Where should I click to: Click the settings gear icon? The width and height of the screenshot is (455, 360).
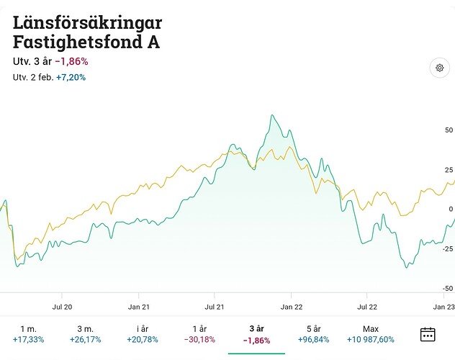[438, 68]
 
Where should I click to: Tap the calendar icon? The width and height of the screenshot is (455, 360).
[428, 334]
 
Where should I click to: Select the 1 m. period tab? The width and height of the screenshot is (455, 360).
[28, 333]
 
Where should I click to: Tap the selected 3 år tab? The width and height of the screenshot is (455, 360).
[256, 333]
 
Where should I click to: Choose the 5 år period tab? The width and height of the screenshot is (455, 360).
[312, 333]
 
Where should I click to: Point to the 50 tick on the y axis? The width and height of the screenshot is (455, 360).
[449, 130]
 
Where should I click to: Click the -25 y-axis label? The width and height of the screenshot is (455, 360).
[447, 249]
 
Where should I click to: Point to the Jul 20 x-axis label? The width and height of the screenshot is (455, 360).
[63, 306]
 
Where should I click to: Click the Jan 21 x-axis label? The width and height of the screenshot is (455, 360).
[138, 306]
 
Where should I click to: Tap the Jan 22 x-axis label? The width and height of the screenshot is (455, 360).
[291, 306]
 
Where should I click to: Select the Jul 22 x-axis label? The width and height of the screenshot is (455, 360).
[367, 306]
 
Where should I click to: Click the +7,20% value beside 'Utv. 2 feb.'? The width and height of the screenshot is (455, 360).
[71, 76]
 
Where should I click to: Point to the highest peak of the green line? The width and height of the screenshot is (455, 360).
[272, 115]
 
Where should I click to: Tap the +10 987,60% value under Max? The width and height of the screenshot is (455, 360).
[370, 339]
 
